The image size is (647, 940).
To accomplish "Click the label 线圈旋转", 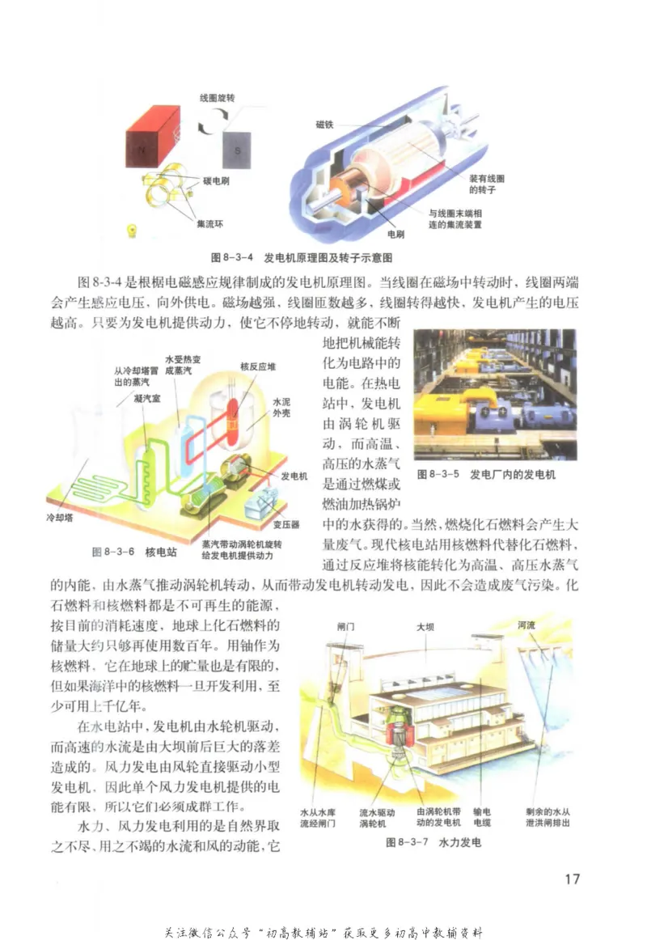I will pos(218,97).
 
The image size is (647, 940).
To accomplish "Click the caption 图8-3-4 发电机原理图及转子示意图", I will pos(302,257).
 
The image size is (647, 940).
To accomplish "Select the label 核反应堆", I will pos(258,366).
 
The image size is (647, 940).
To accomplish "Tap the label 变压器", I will pos(286,524).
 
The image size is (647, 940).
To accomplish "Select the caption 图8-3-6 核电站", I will pos(133,552).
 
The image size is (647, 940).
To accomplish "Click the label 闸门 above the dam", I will pos(345,626).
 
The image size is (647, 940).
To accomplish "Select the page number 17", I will pos(571,879).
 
